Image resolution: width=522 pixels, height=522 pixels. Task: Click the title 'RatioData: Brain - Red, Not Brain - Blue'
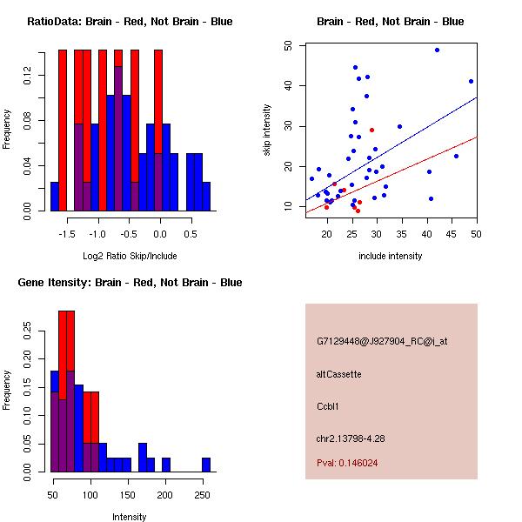pos(130,22)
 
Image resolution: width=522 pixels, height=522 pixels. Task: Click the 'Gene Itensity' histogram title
pos(130,283)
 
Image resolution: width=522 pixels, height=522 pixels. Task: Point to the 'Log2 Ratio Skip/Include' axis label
pos(130,256)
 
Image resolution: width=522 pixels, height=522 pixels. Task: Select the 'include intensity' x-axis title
pos(391,256)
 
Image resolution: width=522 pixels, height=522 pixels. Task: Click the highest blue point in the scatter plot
pos(437,50)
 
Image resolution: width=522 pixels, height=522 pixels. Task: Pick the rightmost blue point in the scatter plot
pos(471,81)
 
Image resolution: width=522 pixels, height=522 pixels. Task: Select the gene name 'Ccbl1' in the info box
pos(328,405)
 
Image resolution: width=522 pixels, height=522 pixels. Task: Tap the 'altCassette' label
pos(338,374)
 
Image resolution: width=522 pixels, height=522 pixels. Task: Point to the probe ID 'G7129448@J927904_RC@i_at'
pos(382,342)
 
